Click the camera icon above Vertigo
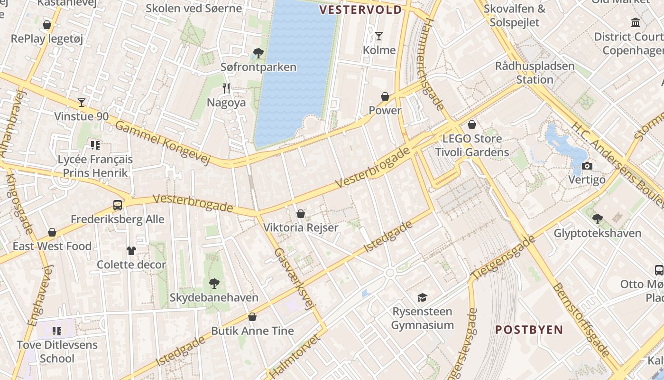tap(587, 166)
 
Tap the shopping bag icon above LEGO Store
tap(471, 124)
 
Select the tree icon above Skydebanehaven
tap(214, 284)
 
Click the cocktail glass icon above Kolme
tap(378, 36)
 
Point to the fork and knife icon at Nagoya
tap(226, 88)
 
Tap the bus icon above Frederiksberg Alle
tap(117, 205)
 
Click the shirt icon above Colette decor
tap(131, 250)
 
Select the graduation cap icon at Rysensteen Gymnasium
tap(422, 297)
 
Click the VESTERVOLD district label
tap(360, 9)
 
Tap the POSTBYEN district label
tap(529, 330)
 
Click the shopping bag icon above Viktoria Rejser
tap(300, 214)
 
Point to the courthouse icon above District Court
tap(635, 22)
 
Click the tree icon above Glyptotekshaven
tap(597, 219)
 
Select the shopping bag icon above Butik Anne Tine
tap(252, 316)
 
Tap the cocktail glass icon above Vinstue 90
tap(82, 102)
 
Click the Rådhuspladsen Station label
tap(535, 72)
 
